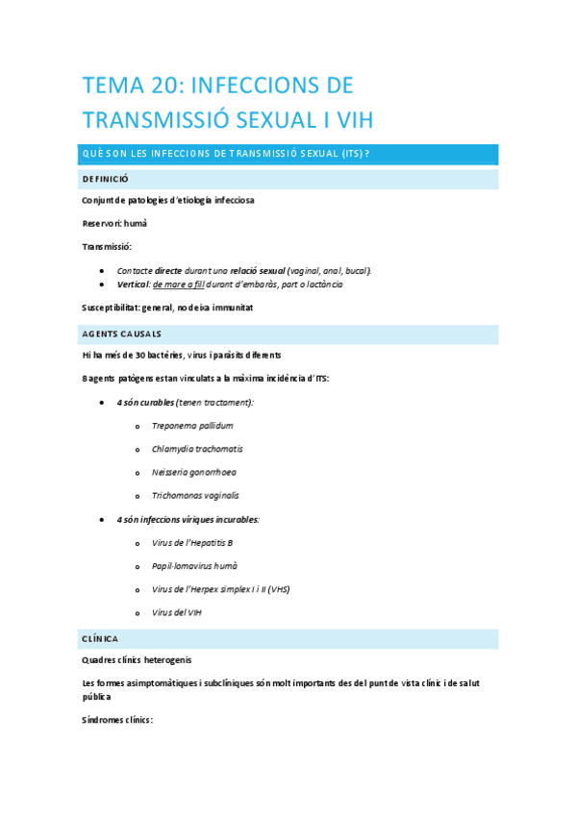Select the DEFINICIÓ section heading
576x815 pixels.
point(106,180)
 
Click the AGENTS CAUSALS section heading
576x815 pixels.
point(122,333)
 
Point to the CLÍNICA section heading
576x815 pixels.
point(101,638)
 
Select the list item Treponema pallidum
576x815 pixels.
point(192,426)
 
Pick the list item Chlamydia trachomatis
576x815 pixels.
point(197,449)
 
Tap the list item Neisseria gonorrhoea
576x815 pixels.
point(193,472)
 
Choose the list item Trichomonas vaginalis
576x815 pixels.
point(195,495)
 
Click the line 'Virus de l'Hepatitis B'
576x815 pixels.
point(192,542)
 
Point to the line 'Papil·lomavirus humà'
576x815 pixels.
point(194,565)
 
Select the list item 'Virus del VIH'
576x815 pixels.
point(177,612)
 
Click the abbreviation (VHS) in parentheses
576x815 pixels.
point(277,588)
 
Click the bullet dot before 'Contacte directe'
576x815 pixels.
point(103,271)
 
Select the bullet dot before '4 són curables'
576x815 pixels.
point(103,403)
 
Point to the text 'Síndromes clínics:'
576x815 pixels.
point(118,720)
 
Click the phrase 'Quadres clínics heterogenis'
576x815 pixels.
point(138,659)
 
